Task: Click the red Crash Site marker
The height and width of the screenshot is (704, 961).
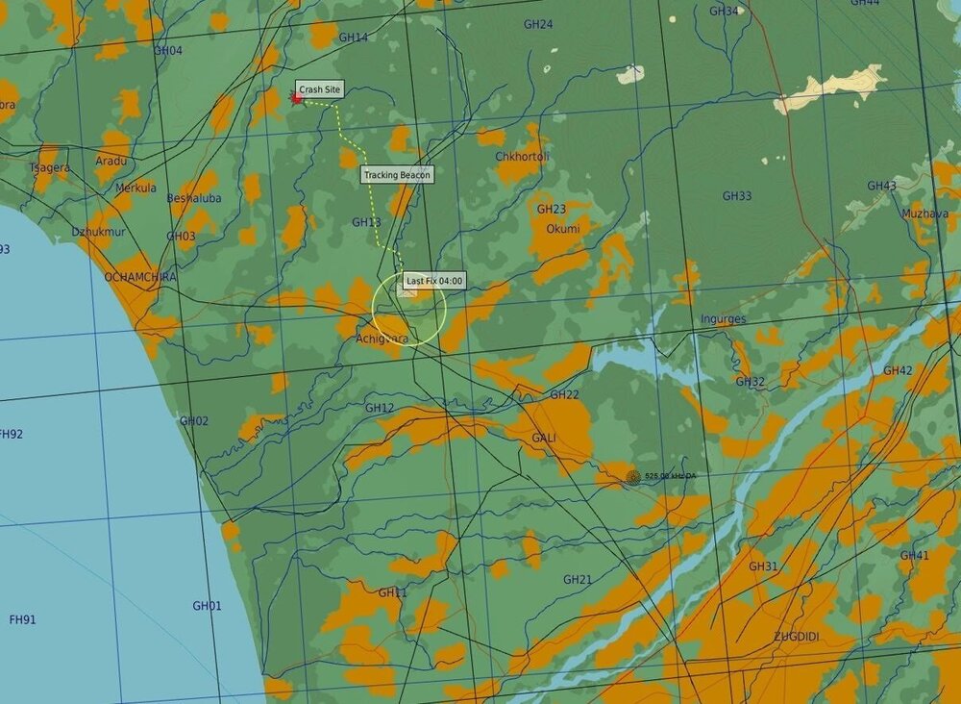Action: (297, 98)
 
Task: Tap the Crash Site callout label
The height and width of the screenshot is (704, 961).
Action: (319, 89)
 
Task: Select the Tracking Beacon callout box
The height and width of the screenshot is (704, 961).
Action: (397, 175)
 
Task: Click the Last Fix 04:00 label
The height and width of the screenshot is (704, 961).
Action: (433, 281)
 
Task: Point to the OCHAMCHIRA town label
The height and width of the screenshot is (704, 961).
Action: (140, 277)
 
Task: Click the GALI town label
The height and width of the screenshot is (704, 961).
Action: (544, 438)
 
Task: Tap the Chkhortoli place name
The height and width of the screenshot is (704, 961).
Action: (522, 156)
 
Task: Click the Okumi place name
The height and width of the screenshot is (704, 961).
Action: (563, 229)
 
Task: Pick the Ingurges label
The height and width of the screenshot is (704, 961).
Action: (723, 319)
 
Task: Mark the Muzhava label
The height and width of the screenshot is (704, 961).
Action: (924, 214)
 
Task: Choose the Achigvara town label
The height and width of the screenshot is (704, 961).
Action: (382, 339)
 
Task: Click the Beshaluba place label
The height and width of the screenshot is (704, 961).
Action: (194, 199)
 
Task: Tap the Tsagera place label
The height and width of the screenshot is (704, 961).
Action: (49, 167)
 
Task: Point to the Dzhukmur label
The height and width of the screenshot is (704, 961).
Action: (98, 232)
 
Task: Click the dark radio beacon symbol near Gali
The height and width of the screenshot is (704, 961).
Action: (632, 476)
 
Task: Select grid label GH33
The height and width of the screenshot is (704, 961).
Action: (737, 196)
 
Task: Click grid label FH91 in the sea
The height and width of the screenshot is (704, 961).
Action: (22, 619)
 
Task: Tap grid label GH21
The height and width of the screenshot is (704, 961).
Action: (578, 580)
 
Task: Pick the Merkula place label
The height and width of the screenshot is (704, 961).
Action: (136, 188)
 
